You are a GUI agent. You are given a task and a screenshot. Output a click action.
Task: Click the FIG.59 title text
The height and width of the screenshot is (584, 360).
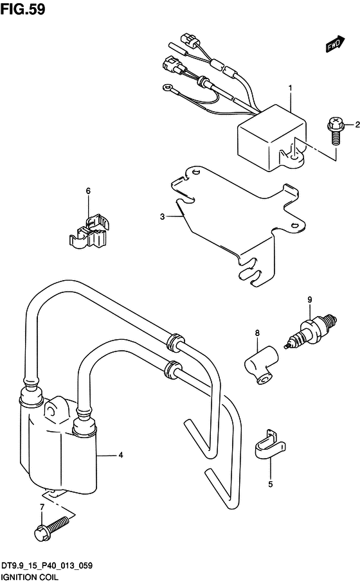click(x=22, y=9)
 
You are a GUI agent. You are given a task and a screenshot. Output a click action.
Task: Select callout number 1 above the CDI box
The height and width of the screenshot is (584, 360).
click(x=291, y=88)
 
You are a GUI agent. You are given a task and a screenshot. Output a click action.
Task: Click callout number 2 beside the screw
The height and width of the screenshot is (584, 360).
click(x=357, y=125)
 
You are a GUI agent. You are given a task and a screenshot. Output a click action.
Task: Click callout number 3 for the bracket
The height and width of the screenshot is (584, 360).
click(x=162, y=217)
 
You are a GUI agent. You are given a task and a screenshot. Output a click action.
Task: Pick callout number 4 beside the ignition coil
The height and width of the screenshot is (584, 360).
click(x=121, y=455)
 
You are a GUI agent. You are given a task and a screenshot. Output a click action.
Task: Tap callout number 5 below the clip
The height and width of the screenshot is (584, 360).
click(x=271, y=484)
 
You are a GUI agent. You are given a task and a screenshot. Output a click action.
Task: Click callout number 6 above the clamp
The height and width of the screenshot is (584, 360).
click(x=88, y=191)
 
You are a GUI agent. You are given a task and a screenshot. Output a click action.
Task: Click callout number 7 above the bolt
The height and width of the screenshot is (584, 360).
click(x=42, y=507)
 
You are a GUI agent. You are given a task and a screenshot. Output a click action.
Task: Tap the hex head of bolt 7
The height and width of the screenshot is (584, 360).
click(x=41, y=534)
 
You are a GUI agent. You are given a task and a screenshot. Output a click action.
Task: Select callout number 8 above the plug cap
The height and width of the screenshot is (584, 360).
click(x=257, y=333)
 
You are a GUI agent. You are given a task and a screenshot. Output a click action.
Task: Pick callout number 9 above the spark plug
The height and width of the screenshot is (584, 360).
click(x=310, y=299)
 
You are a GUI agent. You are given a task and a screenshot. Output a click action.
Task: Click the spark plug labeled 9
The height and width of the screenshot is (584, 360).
click(x=310, y=331)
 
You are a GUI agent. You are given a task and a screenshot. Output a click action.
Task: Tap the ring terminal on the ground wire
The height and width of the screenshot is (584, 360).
click(x=166, y=88)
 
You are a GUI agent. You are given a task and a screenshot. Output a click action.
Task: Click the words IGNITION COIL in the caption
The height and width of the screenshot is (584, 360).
click(x=30, y=578)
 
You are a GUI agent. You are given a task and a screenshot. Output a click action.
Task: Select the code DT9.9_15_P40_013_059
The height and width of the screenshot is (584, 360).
click(x=47, y=566)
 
